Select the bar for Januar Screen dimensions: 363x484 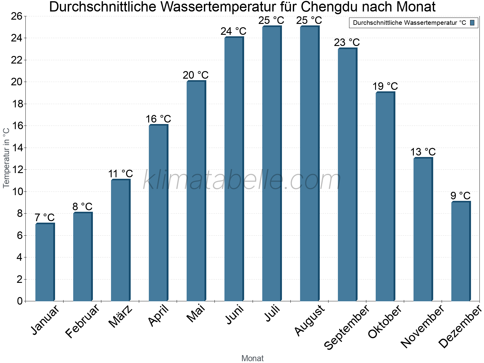click(x=45, y=262)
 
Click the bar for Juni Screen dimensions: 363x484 click(x=234, y=169)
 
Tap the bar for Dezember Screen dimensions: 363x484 click(x=461, y=251)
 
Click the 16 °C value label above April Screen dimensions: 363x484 click(x=158, y=119)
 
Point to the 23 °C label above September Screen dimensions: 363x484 click(x=347, y=42)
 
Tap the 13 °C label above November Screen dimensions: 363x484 click(x=423, y=152)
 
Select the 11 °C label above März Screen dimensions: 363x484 click(x=120, y=174)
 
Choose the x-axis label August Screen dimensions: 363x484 click(x=309, y=320)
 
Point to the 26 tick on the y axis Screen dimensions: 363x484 click(x=17, y=16)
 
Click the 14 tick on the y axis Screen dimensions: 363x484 click(x=17, y=148)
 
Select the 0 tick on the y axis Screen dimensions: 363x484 click(x=20, y=301)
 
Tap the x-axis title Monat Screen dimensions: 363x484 click(x=253, y=358)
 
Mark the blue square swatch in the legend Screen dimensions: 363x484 click(x=472, y=23)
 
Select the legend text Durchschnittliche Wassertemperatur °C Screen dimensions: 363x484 click(x=409, y=23)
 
